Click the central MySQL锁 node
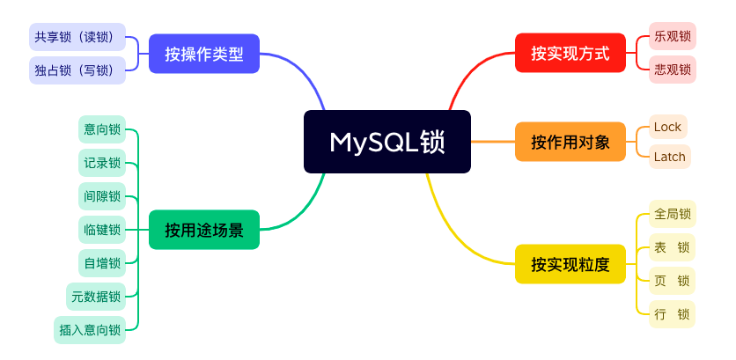[387, 142]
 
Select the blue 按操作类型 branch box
[203, 54]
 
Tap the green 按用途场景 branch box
[203, 230]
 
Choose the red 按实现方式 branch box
[570, 54]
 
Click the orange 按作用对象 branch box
[570, 142]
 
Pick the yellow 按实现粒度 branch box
[570, 264]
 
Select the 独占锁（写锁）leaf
[77, 70]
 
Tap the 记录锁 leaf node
[102, 163]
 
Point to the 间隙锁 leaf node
[102, 196]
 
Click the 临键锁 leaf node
[102, 230]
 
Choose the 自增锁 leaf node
[102, 263]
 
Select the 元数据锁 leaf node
[96, 297]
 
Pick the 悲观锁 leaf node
[673, 70]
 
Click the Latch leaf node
[669, 157]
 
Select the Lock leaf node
[667, 127]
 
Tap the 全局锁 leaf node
[673, 214]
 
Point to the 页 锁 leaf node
[673, 281]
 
